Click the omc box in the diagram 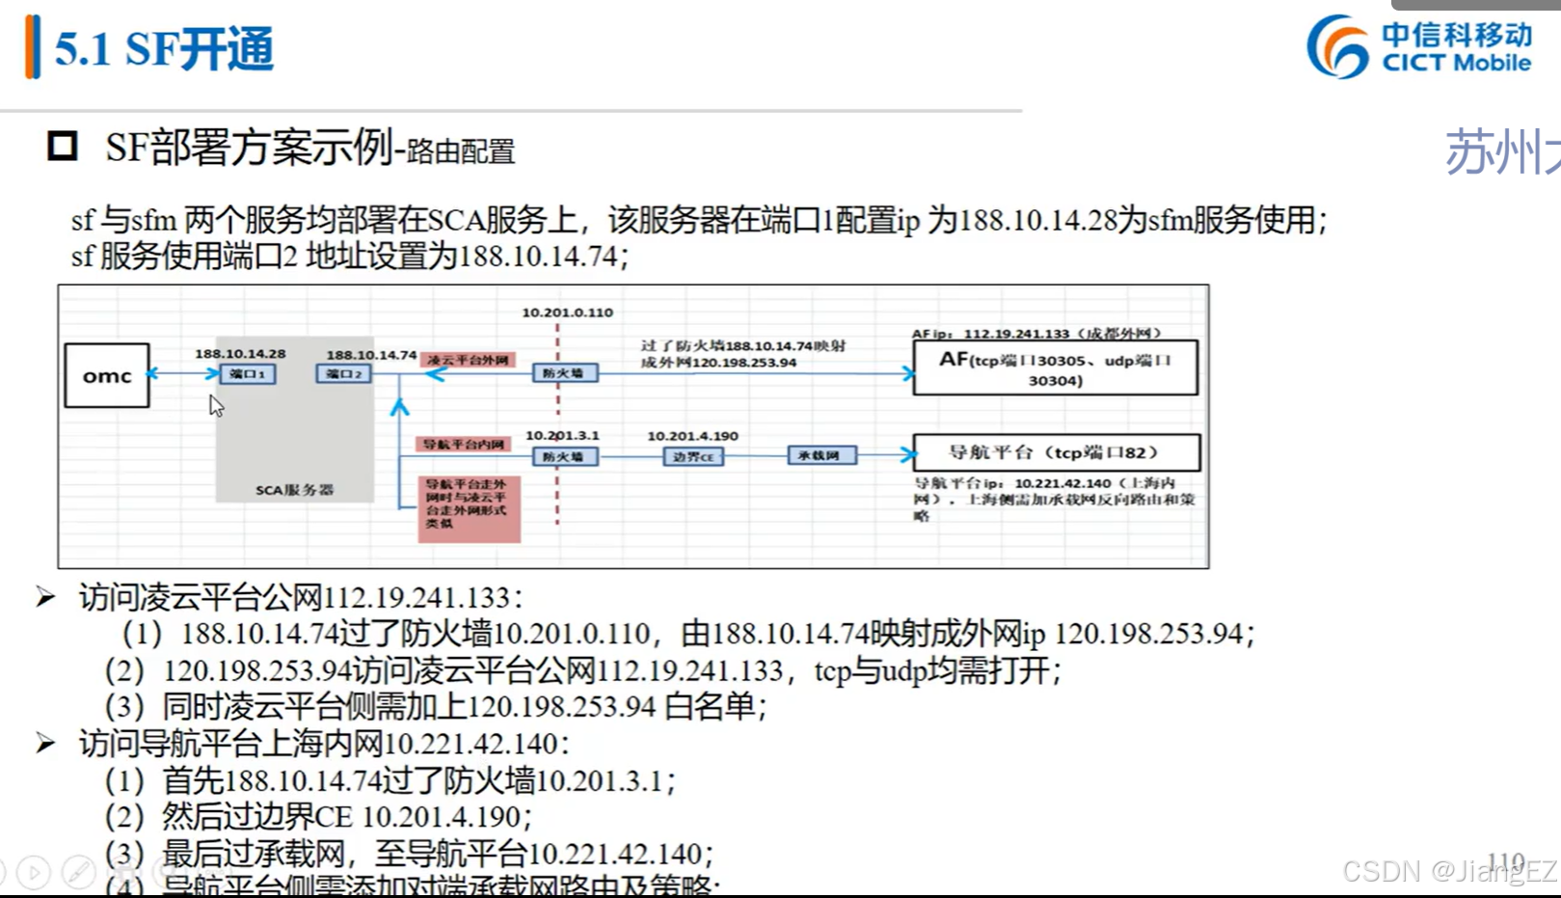click(107, 375)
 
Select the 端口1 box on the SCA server click(248, 373)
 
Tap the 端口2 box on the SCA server click(343, 373)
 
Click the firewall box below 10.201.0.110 click(564, 373)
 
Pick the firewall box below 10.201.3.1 click(564, 456)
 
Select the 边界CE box click(693, 456)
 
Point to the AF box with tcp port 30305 click(1055, 367)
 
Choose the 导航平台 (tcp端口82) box click(1056, 452)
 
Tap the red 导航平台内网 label click(464, 445)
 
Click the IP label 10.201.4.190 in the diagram click(692, 436)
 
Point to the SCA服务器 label click(294, 490)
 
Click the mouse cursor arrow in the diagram click(215, 405)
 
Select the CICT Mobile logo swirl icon click(1338, 46)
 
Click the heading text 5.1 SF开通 click(164, 49)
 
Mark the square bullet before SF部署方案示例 click(63, 147)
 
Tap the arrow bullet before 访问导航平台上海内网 click(45, 743)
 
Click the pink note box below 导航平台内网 click(469, 508)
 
